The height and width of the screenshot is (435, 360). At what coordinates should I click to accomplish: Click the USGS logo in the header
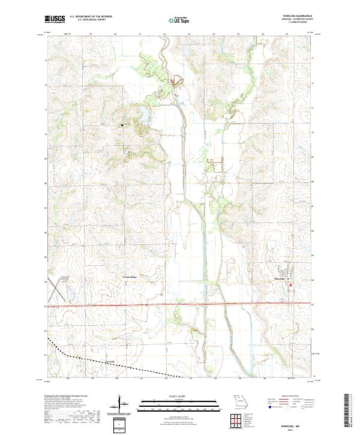click(x=55, y=19)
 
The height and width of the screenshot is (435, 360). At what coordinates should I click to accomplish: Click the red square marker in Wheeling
click(x=292, y=284)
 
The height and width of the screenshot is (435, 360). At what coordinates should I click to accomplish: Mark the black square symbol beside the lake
click(x=122, y=125)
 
